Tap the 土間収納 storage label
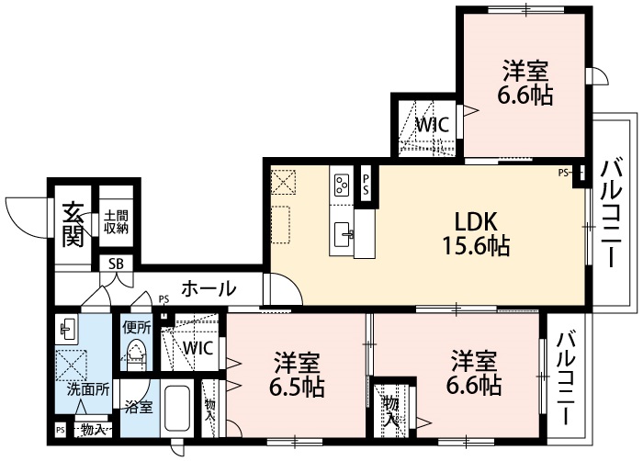coord(116,221)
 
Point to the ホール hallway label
coord(208,288)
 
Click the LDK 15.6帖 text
coord(476,233)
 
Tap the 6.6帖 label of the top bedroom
coord(525,82)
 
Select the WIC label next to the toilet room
coord(198,348)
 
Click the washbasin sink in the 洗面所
coord(69,328)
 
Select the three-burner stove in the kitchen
coord(343,184)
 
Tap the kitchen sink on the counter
coord(344,231)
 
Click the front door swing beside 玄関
coord(27,215)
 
